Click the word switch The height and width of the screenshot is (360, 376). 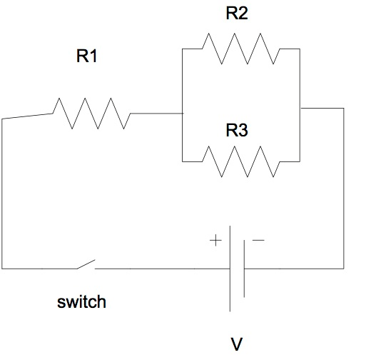point(81,301)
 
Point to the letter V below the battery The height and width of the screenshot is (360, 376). point(237,345)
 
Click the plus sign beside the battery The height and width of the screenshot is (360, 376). point(215,241)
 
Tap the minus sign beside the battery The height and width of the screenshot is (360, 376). point(258,241)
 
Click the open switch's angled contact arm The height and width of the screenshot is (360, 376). point(85,265)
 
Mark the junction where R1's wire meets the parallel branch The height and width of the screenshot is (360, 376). point(183,113)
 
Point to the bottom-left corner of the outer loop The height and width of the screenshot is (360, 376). point(3,269)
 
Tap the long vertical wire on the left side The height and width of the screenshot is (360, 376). point(3,193)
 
